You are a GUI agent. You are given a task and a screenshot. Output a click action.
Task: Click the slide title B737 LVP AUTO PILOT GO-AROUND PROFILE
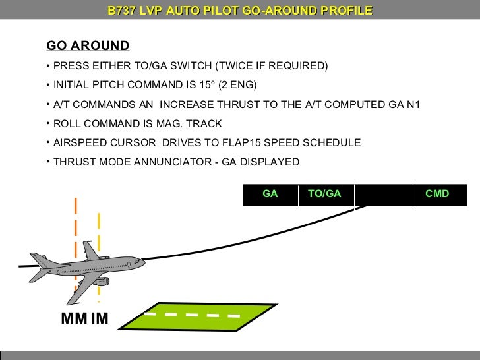coord(240,11)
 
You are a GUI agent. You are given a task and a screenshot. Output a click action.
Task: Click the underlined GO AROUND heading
coord(88,45)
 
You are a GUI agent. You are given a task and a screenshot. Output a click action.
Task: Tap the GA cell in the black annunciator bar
coord(270,194)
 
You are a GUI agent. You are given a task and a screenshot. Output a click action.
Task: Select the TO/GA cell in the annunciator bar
coord(324,194)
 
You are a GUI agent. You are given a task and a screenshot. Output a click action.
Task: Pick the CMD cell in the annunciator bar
coord(437,194)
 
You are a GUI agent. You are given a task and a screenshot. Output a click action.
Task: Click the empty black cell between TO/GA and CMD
coord(383,194)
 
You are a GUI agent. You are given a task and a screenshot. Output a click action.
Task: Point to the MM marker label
coord(74,320)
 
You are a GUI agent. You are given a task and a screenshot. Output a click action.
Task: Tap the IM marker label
coord(100,320)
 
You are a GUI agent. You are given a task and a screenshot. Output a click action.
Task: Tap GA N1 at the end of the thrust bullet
coord(404,104)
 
